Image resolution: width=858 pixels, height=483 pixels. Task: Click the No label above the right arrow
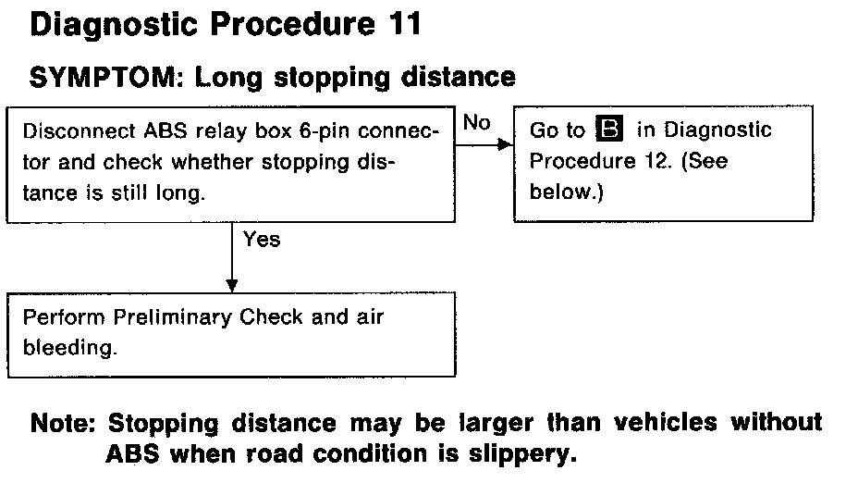476,123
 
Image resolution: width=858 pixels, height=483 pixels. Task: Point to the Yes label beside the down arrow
262,240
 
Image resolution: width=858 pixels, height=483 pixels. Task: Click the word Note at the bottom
63,425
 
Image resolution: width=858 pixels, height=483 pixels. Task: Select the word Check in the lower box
271,317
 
